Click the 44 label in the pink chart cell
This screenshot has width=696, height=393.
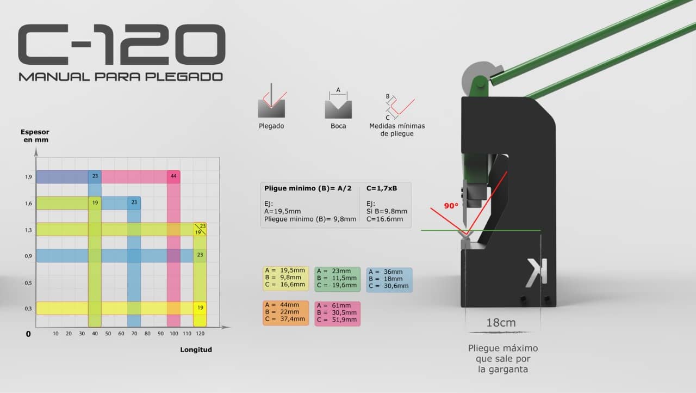pyautogui.click(x=173, y=176)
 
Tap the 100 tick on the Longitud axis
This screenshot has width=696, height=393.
pyautogui.click(x=173, y=334)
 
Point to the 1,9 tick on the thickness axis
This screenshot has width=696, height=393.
pyautogui.click(x=28, y=177)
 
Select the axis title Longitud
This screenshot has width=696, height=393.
pyautogui.click(x=196, y=349)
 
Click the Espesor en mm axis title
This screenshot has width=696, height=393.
pyautogui.click(x=35, y=136)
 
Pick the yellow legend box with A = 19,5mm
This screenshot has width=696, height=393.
pyautogui.click(x=285, y=278)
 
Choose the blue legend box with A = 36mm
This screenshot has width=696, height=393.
pyautogui.click(x=389, y=280)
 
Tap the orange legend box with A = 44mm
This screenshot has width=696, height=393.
pyautogui.click(x=285, y=313)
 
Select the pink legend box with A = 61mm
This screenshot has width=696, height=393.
pyautogui.click(x=338, y=314)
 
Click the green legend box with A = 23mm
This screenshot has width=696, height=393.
pyautogui.click(x=338, y=279)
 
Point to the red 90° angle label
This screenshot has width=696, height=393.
pyautogui.click(x=451, y=206)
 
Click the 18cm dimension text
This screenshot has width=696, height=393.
pyautogui.click(x=501, y=323)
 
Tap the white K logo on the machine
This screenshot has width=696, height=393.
pyautogui.click(x=536, y=273)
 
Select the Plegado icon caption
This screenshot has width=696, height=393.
pyautogui.click(x=271, y=126)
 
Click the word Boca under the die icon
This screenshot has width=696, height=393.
pyautogui.click(x=338, y=126)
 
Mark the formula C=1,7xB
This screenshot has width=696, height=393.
pyautogui.click(x=382, y=188)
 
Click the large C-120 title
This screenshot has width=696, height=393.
pyautogui.click(x=122, y=45)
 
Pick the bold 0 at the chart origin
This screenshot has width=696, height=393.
pyautogui.click(x=28, y=334)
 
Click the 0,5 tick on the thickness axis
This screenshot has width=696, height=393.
pyautogui.click(x=28, y=283)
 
